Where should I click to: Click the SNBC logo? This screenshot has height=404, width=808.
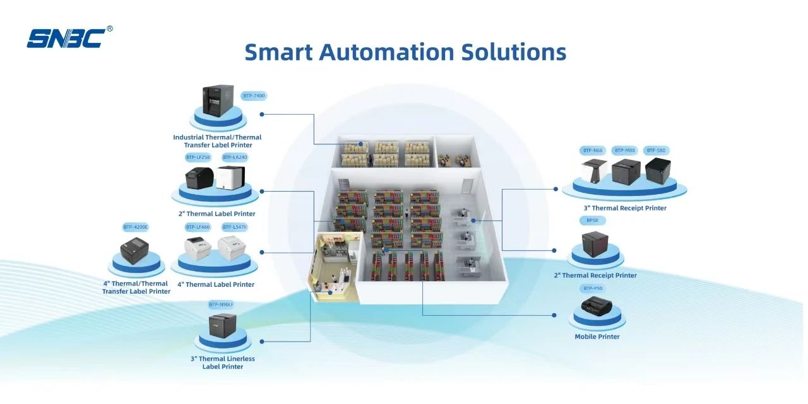tap(66, 38)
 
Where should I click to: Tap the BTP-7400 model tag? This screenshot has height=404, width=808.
tap(254, 96)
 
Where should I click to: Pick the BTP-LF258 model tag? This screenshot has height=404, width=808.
tap(198, 157)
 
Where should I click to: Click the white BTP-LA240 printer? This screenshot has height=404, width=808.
tap(230, 177)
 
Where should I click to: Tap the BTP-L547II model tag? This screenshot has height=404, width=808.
tap(235, 227)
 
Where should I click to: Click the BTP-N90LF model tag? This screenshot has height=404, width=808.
tap(221, 304)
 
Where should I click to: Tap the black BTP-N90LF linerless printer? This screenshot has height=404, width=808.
tap(222, 326)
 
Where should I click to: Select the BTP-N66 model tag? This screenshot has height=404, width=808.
tap(593, 151)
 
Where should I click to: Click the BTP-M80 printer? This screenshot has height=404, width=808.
tap(626, 171)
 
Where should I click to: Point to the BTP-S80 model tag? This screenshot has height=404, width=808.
tap(656, 151)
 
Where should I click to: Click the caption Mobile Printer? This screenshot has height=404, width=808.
tap(597, 337)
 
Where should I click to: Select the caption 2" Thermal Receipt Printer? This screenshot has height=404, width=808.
tap(595, 275)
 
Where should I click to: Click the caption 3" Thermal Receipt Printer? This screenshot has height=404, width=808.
tap(625, 208)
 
